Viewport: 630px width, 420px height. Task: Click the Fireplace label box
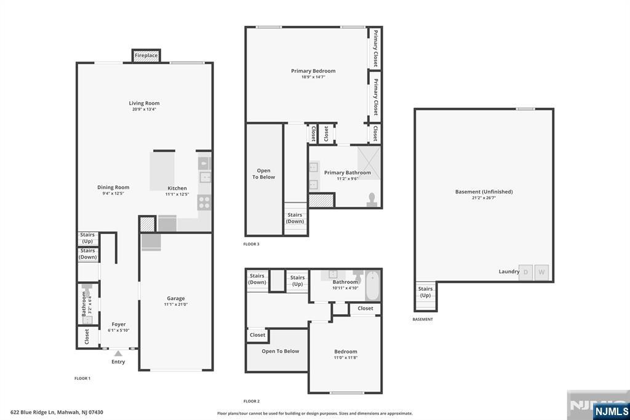146,55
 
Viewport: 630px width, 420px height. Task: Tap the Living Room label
144,103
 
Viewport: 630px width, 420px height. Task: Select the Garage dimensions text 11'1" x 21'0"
176,305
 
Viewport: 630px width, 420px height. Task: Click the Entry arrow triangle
118,353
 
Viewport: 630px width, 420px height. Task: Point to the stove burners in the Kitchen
204,203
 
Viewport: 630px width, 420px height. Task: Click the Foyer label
119,325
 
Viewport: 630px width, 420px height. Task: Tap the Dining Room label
113,187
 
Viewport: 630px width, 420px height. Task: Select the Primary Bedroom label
313,71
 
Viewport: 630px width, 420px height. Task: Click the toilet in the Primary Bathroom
372,200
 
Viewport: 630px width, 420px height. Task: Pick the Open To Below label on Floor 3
263,174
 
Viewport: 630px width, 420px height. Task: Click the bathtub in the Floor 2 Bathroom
372,286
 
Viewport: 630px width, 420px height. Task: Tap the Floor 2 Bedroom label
346,352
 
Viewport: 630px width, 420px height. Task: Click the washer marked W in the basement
541,272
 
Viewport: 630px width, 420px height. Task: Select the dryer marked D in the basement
525,272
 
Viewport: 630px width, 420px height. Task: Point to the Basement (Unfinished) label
484,192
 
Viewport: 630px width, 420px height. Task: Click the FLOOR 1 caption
82,379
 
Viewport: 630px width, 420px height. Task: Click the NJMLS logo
611,411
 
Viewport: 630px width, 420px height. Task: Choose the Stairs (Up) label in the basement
426,292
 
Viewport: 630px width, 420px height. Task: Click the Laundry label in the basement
509,272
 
